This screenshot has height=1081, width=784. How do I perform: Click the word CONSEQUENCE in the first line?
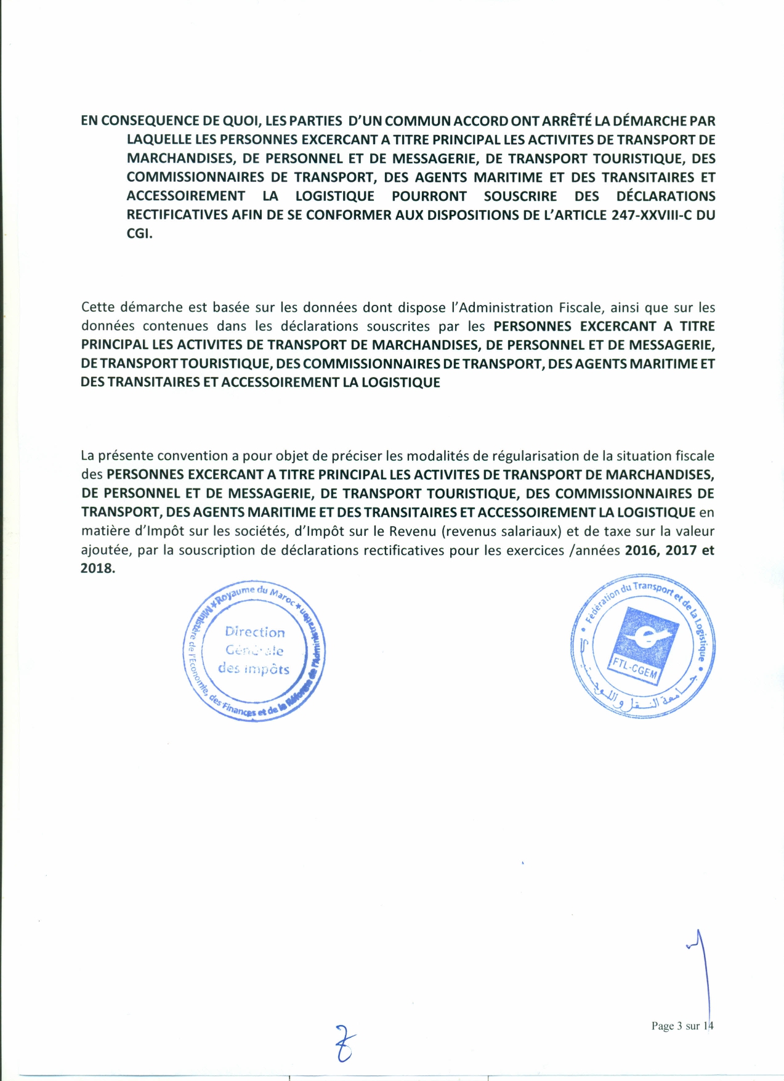[140, 121]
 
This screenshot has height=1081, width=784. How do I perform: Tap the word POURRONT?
[429, 196]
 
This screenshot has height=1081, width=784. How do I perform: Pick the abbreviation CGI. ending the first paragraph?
[139, 234]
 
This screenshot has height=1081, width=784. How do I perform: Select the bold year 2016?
[642, 550]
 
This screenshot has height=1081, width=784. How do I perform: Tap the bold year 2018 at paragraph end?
[97, 569]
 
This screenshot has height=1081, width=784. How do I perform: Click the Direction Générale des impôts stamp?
[254, 650]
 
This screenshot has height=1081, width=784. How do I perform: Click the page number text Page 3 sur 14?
[682, 1026]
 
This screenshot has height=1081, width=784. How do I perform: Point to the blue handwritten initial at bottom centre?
[346, 1043]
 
